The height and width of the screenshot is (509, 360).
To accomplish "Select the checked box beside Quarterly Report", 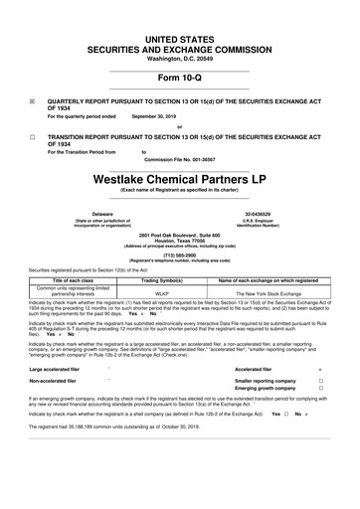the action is pyautogui.click(x=33, y=101).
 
